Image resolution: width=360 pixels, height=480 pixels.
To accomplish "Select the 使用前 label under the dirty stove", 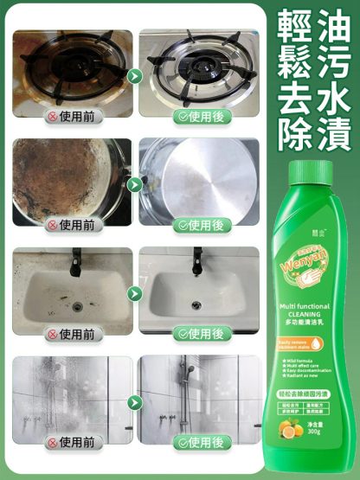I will (73, 115).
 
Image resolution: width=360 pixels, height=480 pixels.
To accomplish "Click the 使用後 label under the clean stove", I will (200, 115).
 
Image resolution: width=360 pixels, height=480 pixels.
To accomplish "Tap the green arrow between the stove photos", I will (135, 76).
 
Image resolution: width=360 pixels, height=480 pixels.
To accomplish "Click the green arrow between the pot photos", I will (135, 184).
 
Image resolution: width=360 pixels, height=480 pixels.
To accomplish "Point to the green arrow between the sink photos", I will (135, 293).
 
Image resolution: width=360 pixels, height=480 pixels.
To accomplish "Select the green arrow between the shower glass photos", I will (135, 402).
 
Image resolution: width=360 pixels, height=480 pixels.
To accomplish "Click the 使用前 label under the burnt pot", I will (73, 224).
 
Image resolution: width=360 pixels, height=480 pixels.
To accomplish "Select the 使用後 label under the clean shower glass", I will (200, 442).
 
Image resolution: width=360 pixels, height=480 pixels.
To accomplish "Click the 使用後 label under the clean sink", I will (200, 333).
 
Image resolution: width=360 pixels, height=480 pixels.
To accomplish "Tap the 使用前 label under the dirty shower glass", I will (73, 442).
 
